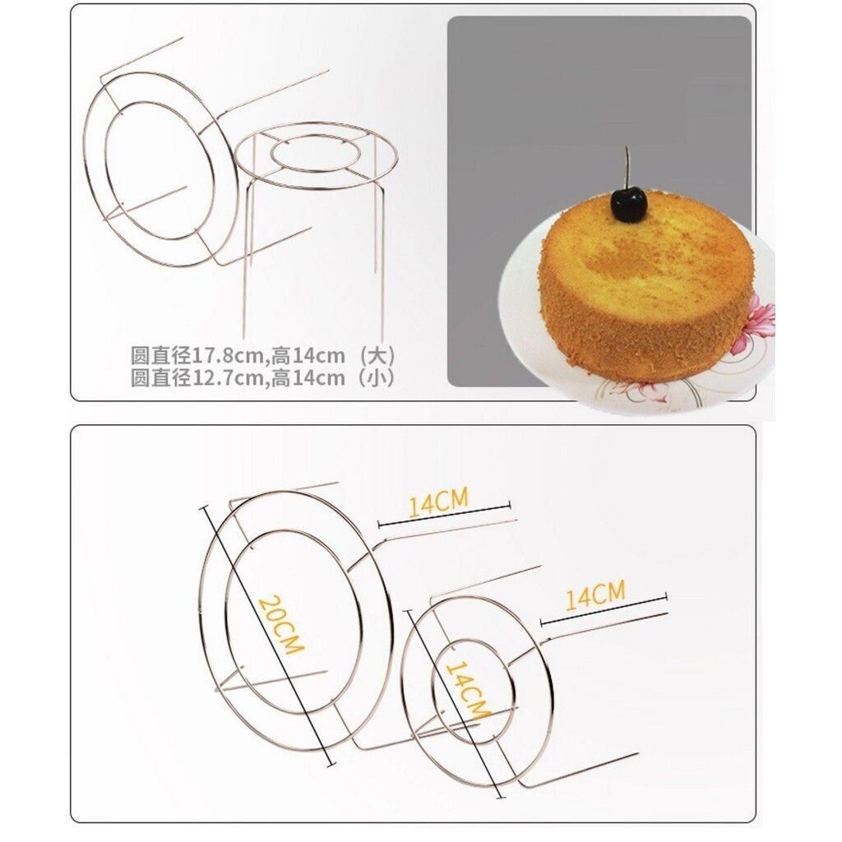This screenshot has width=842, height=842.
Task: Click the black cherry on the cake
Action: point(628,206)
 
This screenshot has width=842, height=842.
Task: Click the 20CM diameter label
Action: point(280,625)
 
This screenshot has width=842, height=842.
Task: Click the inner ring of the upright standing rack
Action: point(315,141)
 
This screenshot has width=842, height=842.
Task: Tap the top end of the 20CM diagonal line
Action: point(204,507)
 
